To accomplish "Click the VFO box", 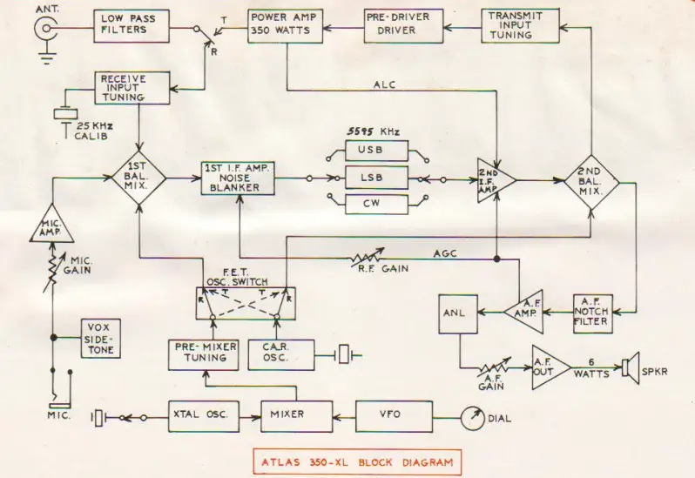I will pyautogui.click(x=389, y=414).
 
